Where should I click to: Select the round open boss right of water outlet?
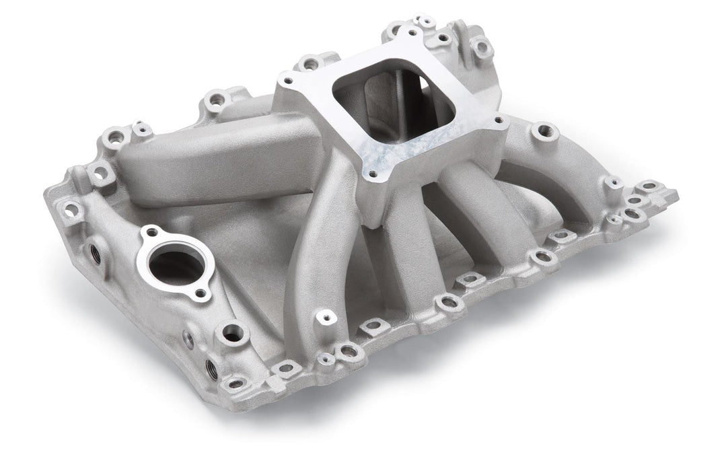coord(233,330)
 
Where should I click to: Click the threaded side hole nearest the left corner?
coord(93,252)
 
